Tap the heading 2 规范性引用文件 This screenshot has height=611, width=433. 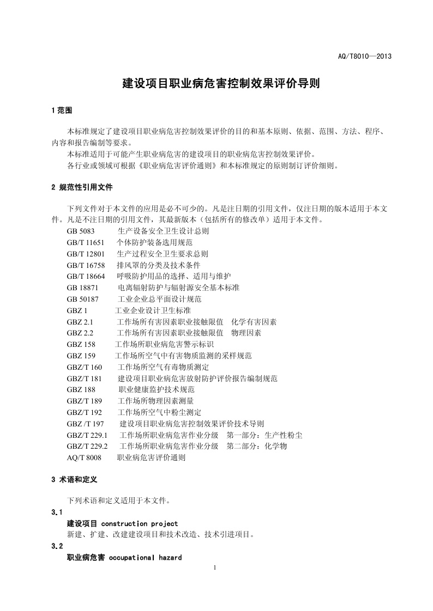coord(82,187)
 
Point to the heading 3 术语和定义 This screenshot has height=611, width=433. coord(74,480)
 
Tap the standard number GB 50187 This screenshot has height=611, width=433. coord(82,299)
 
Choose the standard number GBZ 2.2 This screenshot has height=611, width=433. coord(81,333)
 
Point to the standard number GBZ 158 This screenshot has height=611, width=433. coord(81,345)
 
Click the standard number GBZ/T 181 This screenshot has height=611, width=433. coord(85,378)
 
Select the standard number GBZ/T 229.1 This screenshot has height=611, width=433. coord(87,435)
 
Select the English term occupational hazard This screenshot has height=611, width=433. coord(145,558)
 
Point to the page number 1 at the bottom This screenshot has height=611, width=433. coord(216,569)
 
